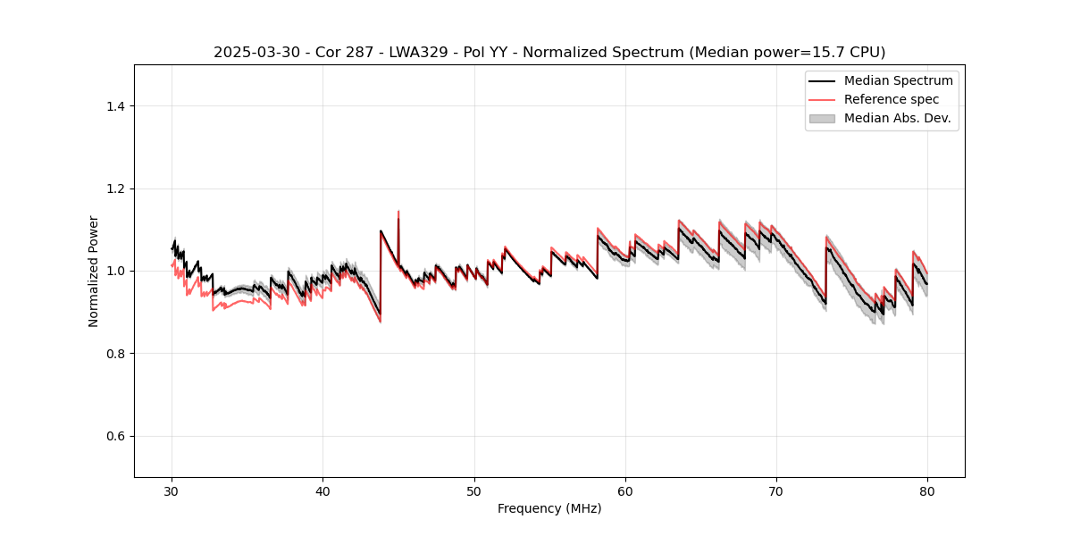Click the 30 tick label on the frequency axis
[x=172, y=490]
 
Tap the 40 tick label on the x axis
[x=323, y=490]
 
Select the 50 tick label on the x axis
[x=474, y=490]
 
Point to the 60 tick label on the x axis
[x=625, y=490]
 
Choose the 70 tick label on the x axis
[x=776, y=490]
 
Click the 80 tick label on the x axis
[x=927, y=490]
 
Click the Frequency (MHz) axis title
[x=549, y=508]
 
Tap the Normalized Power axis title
[x=94, y=271]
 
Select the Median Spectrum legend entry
[x=898, y=80]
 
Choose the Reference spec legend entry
[x=891, y=99]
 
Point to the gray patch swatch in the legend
[x=821, y=118]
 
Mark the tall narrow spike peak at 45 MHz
[x=398, y=212]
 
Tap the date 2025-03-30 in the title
[x=251, y=53]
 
